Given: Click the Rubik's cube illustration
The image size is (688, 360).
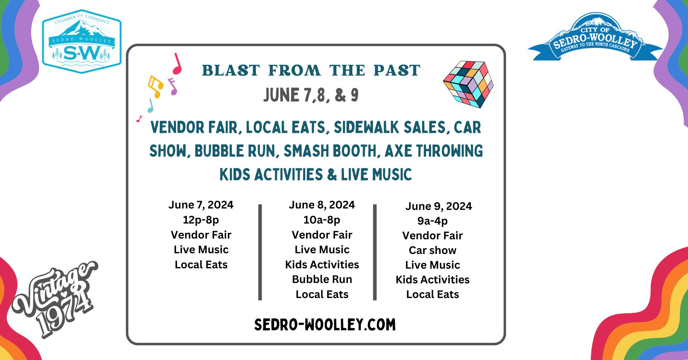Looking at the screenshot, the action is (x=468, y=84).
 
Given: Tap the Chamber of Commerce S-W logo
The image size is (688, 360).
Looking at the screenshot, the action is (x=82, y=42).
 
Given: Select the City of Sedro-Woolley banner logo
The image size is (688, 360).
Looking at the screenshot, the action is (x=595, y=37).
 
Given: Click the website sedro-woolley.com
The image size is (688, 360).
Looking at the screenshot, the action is (x=325, y=325).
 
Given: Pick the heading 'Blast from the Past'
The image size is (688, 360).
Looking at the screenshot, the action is (x=311, y=71).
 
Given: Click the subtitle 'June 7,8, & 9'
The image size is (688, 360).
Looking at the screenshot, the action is (x=311, y=95).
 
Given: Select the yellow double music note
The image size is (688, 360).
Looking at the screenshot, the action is (x=156, y=86).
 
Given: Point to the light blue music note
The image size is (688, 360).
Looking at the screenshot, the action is (x=151, y=105).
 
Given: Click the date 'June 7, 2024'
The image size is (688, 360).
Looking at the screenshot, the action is (x=201, y=205).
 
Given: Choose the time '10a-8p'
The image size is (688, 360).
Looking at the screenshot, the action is (x=322, y=220).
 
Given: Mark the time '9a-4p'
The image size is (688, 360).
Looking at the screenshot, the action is (x=433, y=221).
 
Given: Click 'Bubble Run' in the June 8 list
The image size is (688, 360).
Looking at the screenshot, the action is (x=322, y=279).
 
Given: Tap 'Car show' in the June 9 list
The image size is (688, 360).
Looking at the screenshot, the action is (x=433, y=250).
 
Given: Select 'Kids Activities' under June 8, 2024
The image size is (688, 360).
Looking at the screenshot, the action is (x=322, y=265).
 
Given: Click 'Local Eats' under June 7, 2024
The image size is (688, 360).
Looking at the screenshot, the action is (x=201, y=265).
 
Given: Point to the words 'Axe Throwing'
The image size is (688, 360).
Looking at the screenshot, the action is (x=434, y=151).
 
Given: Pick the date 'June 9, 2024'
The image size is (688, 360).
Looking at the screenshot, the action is (x=439, y=206).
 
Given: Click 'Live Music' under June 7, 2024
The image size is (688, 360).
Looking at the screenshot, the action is (x=201, y=250).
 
